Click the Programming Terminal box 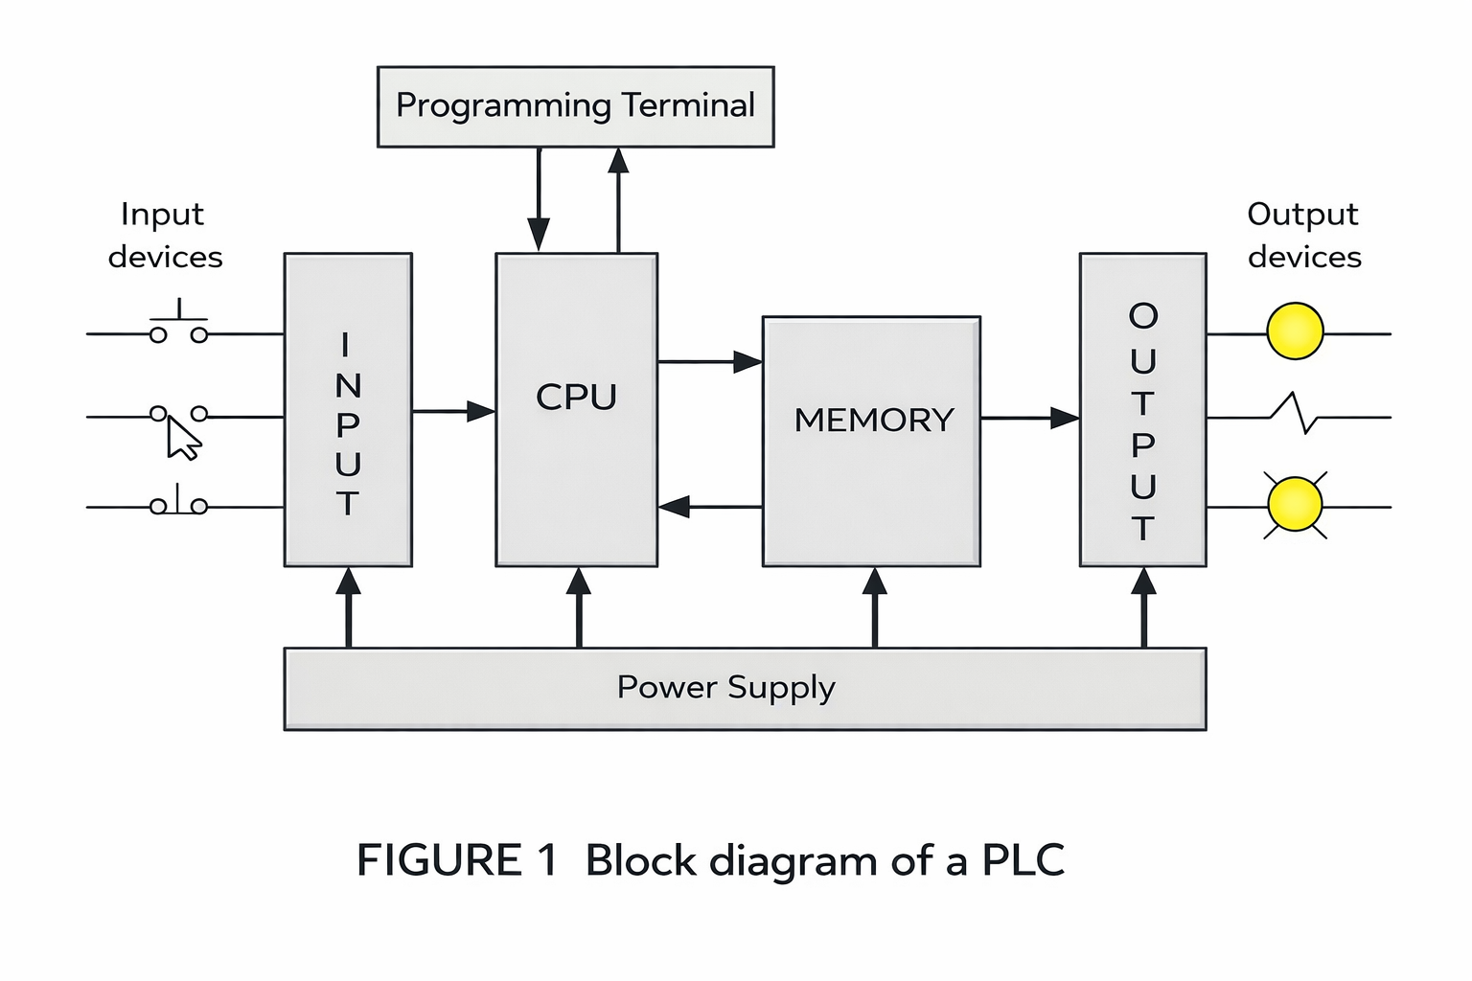pyautogui.click(x=575, y=106)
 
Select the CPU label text pyautogui.click(x=576, y=397)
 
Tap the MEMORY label pyautogui.click(x=873, y=420)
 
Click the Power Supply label pyautogui.click(x=725, y=687)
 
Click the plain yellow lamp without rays pyautogui.click(x=1295, y=331)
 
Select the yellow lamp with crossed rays pyautogui.click(x=1295, y=505)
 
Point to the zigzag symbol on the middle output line pyautogui.click(x=1295, y=413)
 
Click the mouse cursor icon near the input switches pyautogui.click(x=183, y=440)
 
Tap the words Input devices pyautogui.click(x=164, y=236)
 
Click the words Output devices pyautogui.click(x=1303, y=236)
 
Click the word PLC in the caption pyautogui.click(x=1023, y=860)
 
